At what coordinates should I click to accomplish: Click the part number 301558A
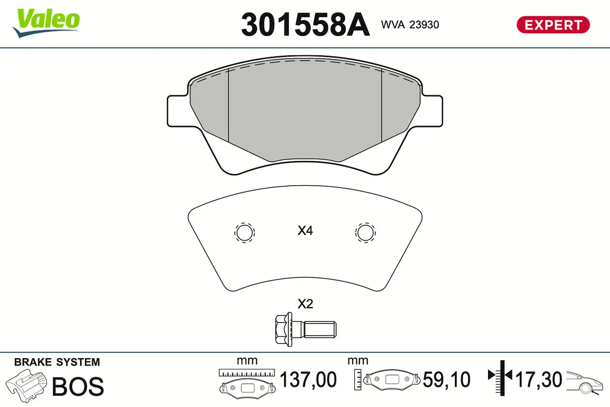tap(305, 24)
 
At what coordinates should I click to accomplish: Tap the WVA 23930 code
tap(410, 24)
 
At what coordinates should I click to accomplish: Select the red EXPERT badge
tap(553, 24)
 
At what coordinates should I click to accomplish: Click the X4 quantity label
tap(305, 231)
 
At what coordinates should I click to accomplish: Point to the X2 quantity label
tap(305, 304)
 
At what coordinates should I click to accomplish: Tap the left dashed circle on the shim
tap(244, 232)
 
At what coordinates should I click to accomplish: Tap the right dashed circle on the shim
tap(365, 232)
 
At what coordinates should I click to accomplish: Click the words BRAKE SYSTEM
tap(57, 362)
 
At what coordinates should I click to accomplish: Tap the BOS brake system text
tap(78, 387)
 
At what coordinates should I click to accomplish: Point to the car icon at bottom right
tap(586, 382)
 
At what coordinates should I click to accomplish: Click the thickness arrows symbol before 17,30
tap(501, 376)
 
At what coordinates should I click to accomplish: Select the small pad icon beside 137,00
tap(247, 386)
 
